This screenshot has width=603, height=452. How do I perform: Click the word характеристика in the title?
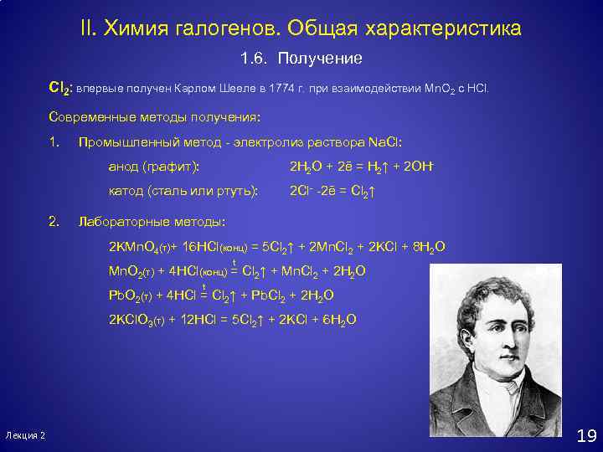440,28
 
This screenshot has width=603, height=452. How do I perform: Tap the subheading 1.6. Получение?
301,59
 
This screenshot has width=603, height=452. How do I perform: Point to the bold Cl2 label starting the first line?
59,88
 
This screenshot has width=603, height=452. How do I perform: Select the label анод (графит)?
154,167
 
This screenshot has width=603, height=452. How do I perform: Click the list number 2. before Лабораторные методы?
54,222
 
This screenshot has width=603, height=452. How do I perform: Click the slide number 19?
585,435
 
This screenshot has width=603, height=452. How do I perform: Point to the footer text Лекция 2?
25,436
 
